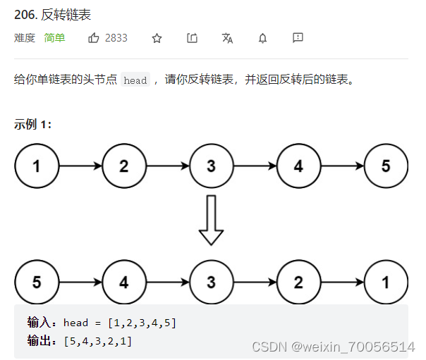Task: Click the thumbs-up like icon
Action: [94, 38]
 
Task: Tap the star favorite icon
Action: [157, 38]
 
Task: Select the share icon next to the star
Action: [193, 38]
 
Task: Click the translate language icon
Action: [227, 38]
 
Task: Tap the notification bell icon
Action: [263, 38]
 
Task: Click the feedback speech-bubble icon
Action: [298, 38]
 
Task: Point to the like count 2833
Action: [116, 38]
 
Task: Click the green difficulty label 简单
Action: [54, 38]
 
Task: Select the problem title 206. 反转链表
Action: [52, 15]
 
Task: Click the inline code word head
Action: [135, 80]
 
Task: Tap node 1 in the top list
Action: [37, 166]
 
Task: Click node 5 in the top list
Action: [386, 166]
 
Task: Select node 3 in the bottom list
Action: [211, 283]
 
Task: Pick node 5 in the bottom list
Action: [37, 283]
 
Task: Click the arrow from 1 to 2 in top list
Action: [80, 166]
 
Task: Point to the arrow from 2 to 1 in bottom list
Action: [342, 283]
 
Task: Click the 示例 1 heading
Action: [32, 125]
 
